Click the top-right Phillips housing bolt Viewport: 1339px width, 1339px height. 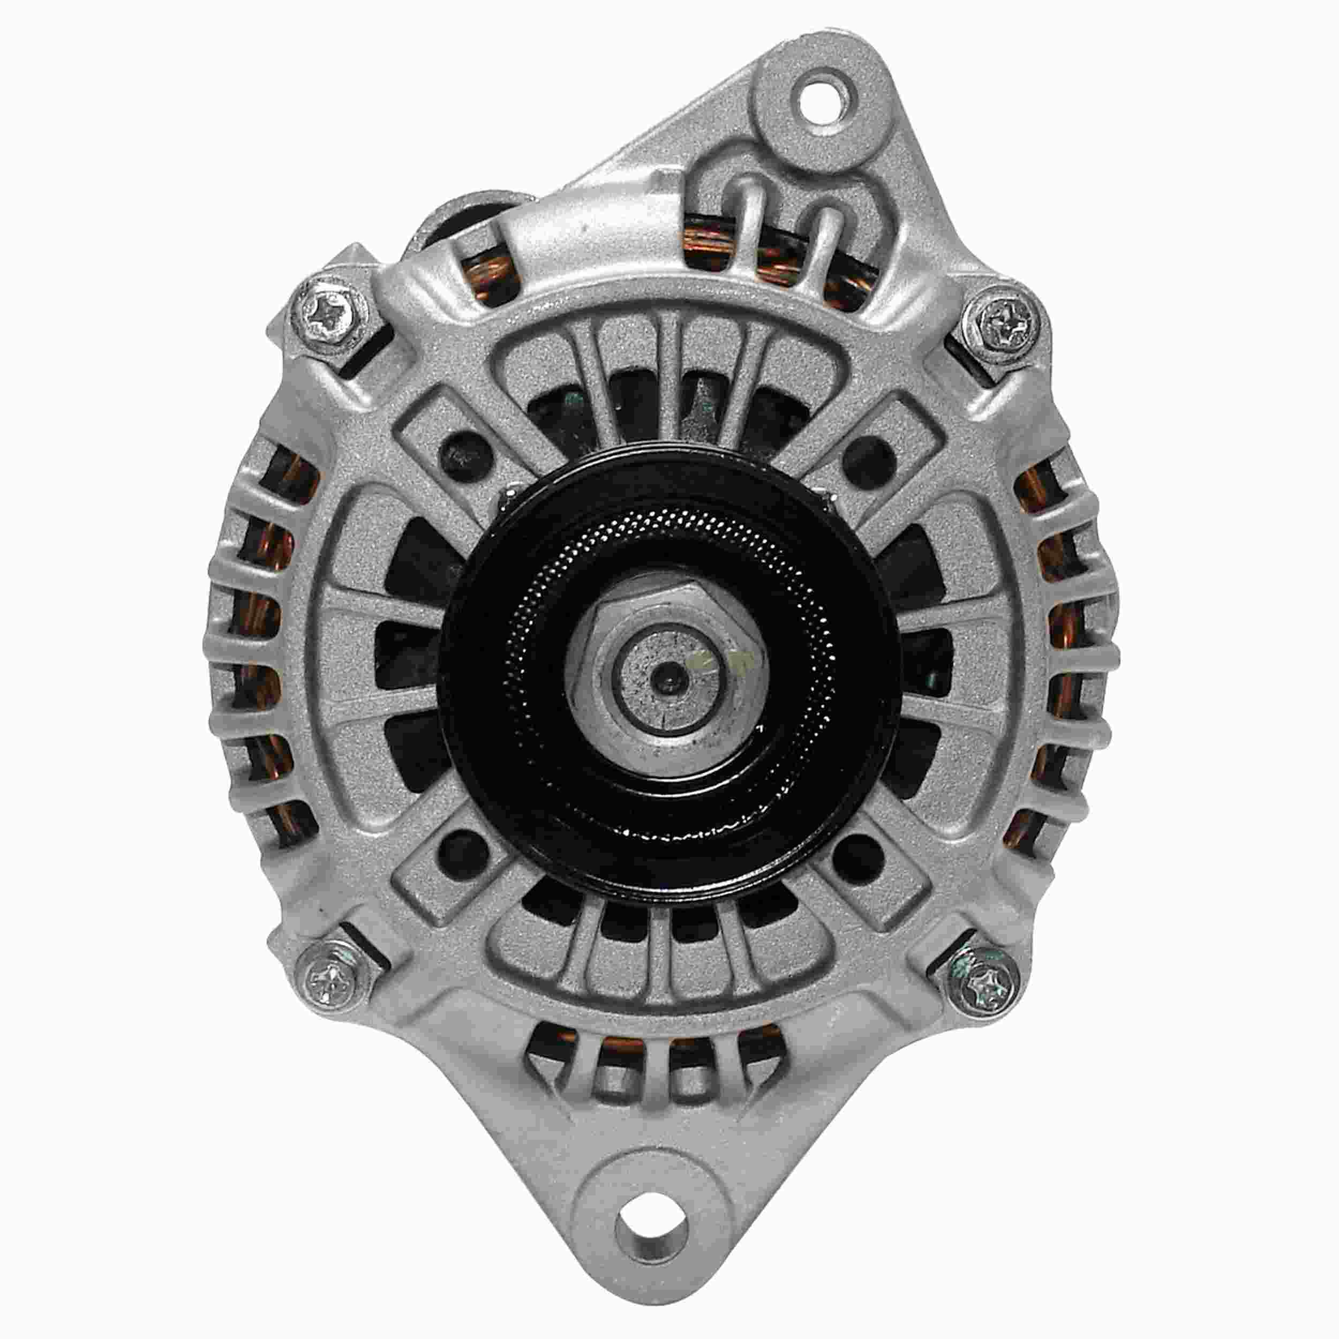tap(1003, 321)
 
